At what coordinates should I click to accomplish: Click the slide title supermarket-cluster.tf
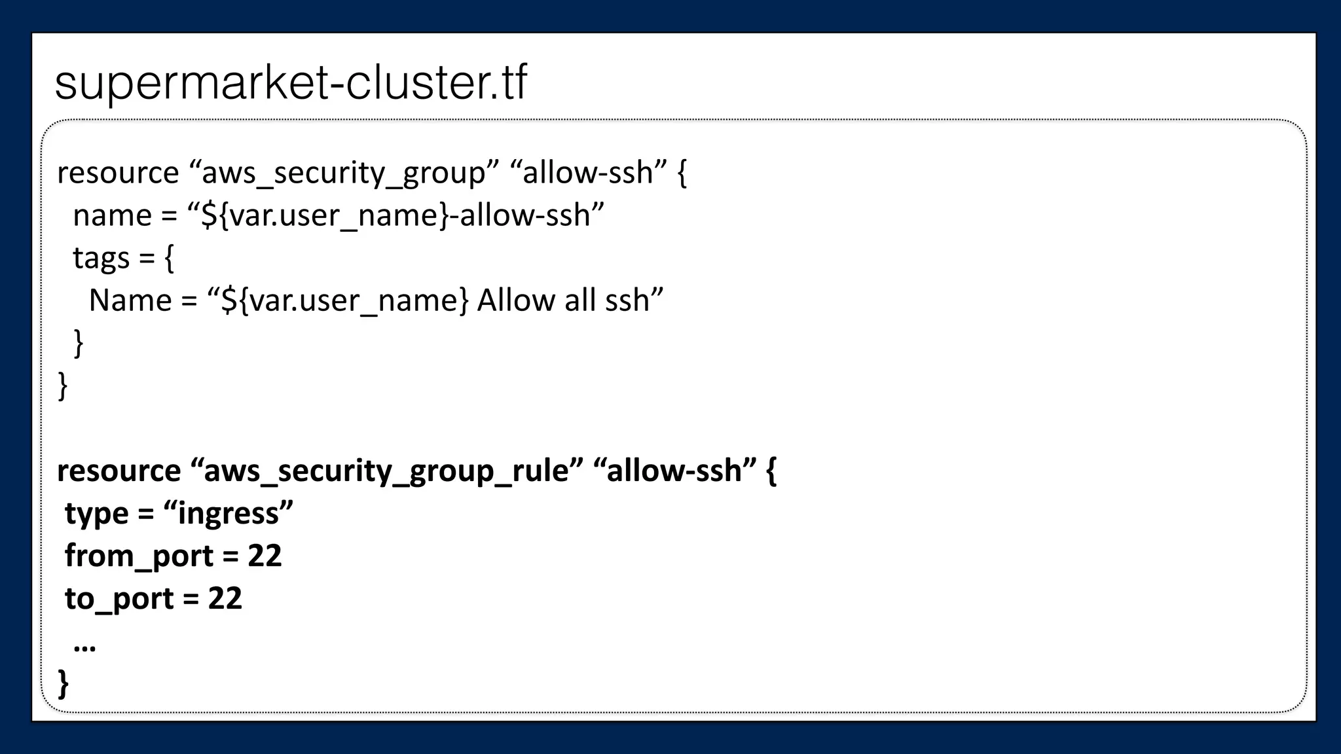coord(291,82)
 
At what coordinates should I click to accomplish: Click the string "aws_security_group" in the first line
coord(343,173)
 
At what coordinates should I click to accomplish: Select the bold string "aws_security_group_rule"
coord(386,471)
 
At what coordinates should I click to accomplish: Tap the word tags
coord(101,258)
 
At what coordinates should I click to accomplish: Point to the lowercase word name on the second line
coord(112,215)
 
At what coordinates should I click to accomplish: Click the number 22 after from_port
coord(265,556)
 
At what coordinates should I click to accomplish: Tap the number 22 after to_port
coord(225,598)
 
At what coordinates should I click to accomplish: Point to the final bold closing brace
coord(64,683)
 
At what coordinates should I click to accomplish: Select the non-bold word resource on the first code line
coord(118,173)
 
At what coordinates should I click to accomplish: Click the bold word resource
coord(119,471)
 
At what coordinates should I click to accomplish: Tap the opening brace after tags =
coord(169,258)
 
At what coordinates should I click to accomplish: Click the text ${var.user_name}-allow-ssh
coord(395,215)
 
